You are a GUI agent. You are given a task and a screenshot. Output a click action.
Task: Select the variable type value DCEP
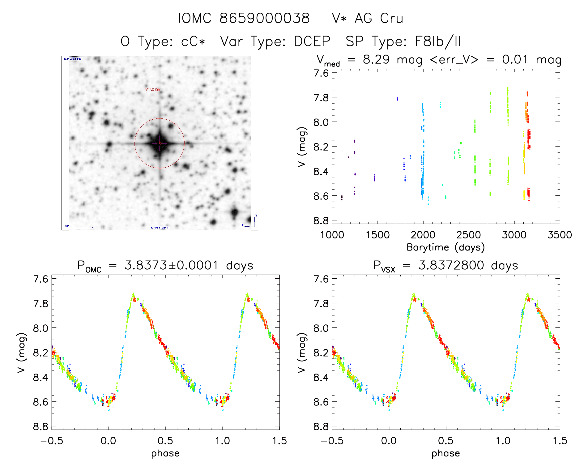coord(312,41)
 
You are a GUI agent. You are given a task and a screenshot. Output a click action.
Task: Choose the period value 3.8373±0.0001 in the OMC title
coord(171,265)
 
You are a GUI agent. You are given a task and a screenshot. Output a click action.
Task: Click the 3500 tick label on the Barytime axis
coord(559,235)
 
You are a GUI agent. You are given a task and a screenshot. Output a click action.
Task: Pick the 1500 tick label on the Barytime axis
coord(377,235)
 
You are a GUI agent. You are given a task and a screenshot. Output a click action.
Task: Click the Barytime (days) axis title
coord(445,247)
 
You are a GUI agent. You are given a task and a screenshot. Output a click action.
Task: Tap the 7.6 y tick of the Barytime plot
coord(321,73)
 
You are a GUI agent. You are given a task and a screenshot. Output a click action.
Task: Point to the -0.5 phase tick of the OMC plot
coord(52,441)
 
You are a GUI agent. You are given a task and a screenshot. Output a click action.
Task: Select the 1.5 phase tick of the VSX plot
coord(559,441)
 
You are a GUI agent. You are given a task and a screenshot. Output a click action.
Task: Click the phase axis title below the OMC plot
coord(165,453)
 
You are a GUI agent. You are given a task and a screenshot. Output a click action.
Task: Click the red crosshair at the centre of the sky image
coord(160,143)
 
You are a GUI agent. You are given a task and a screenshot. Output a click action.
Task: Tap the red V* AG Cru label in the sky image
coord(153,89)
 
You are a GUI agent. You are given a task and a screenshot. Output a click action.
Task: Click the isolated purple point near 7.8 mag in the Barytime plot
coord(397,99)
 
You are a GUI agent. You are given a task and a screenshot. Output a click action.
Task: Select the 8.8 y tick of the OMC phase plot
coord(41,426)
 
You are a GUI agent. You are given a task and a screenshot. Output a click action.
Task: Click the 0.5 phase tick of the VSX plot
coord(445,441)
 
